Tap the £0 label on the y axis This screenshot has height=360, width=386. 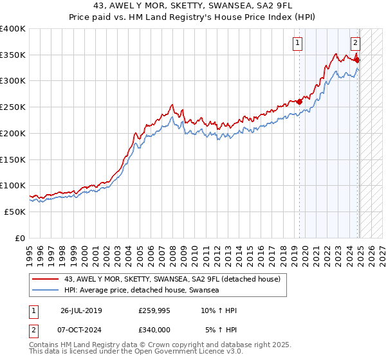pos(19,238)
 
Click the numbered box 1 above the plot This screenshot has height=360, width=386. pos(299,43)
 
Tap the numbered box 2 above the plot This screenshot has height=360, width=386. pos(356,43)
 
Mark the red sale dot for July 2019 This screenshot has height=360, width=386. pos(299,100)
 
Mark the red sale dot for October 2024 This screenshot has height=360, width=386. pos(357,60)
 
